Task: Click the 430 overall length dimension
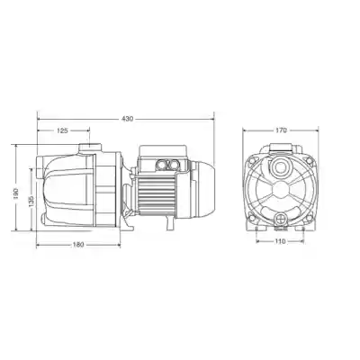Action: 127,119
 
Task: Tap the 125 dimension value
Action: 62,130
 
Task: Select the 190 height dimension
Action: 16,193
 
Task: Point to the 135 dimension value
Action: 31,202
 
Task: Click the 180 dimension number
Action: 78,245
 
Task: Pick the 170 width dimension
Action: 281,130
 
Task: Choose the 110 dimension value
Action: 280,241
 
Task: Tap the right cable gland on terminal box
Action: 173,164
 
